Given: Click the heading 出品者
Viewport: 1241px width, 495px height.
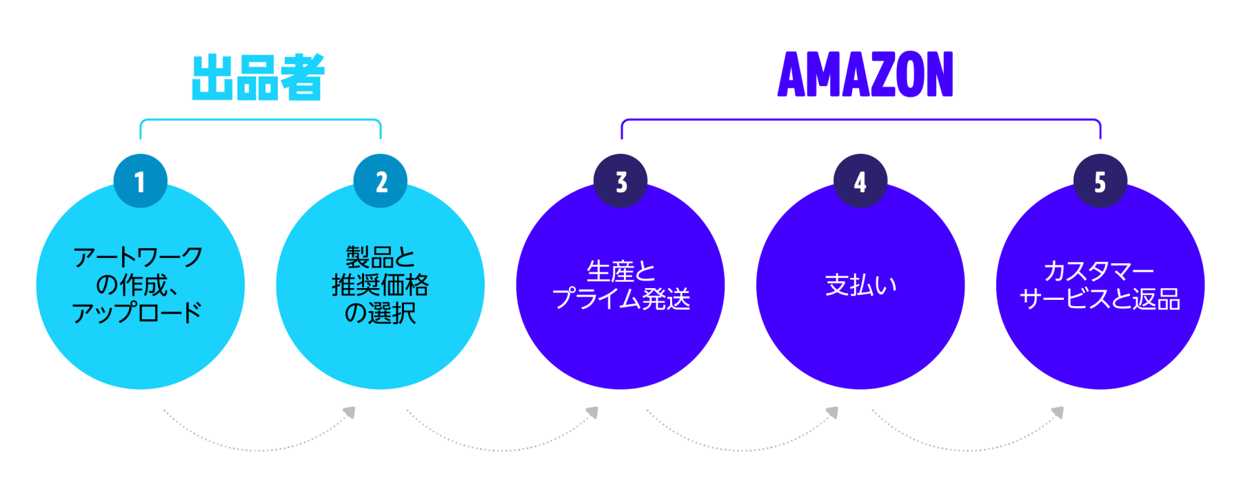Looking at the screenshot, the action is pyautogui.click(x=258, y=77).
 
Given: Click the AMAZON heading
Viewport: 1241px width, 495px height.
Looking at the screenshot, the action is pyautogui.click(x=865, y=74).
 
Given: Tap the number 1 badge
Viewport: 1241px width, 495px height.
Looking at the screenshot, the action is pyautogui.click(x=141, y=181).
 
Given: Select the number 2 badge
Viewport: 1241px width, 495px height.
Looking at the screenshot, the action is pyautogui.click(x=381, y=181).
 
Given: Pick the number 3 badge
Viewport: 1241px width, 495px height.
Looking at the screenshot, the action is pyautogui.click(x=620, y=181).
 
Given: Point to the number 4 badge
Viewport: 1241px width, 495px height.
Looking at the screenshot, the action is pyautogui.click(x=860, y=181).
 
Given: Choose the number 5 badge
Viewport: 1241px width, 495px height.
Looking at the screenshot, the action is pyautogui.click(x=1100, y=181).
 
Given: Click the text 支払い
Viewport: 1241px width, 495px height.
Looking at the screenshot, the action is pyautogui.click(x=860, y=285).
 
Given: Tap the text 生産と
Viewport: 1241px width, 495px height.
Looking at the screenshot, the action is pyautogui.click(x=620, y=271).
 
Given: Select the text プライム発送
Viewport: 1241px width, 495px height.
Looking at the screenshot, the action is pyautogui.click(x=620, y=299).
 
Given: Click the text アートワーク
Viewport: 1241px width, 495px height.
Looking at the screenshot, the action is pyautogui.click(x=138, y=257).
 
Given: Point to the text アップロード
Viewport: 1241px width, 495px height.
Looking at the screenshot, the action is pyautogui.click(x=137, y=312).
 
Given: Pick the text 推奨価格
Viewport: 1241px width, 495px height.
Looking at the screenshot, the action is pyautogui.click(x=380, y=285).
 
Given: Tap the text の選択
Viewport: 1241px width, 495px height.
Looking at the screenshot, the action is pyautogui.click(x=380, y=313).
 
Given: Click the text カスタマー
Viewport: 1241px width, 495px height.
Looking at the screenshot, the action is pyautogui.click(x=1099, y=271).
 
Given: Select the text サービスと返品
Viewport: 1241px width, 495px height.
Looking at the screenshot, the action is pyautogui.click(x=1100, y=299).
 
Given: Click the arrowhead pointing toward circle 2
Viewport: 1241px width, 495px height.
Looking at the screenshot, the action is pyautogui.click(x=350, y=412).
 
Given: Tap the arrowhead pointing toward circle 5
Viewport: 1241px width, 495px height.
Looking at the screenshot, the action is pyautogui.click(x=1058, y=412).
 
